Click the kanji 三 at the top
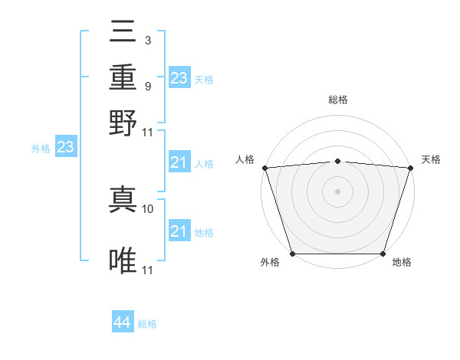tap(124, 34)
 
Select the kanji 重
tap(124, 77)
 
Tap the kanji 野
tap(124, 121)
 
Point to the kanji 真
tap(124, 201)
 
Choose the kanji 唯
tap(124, 261)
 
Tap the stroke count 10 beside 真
tap(148, 208)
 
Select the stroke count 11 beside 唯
tap(148, 270)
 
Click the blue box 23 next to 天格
tap(179, 78)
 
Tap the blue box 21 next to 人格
tap(179, 162)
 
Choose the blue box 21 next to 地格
tap(179, 231)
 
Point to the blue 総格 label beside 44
tap(147, 324)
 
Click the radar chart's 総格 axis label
tap(337, 100)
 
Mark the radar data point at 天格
tap(410, 168)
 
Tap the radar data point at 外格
tap(292, 254)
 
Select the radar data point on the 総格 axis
tap(337, 161)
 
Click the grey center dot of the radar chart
tap(337, 191)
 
